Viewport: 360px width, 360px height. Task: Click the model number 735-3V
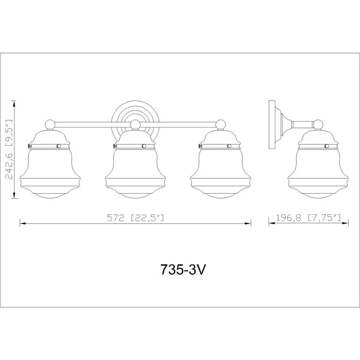point(182,269)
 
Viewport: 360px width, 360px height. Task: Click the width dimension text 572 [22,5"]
point(136,217)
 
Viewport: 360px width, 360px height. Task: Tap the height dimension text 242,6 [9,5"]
point(9,149)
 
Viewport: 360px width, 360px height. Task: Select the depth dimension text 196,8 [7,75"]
point(309,217)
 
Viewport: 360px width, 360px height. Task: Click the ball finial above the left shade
point(50,125)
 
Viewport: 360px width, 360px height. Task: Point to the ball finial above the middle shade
point(135,125)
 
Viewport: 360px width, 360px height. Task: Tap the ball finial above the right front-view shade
point(221,125)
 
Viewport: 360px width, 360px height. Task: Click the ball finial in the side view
point(318,125)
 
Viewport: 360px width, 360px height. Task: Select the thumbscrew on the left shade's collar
point(29,146)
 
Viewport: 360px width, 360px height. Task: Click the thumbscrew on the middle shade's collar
point(114,146)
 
